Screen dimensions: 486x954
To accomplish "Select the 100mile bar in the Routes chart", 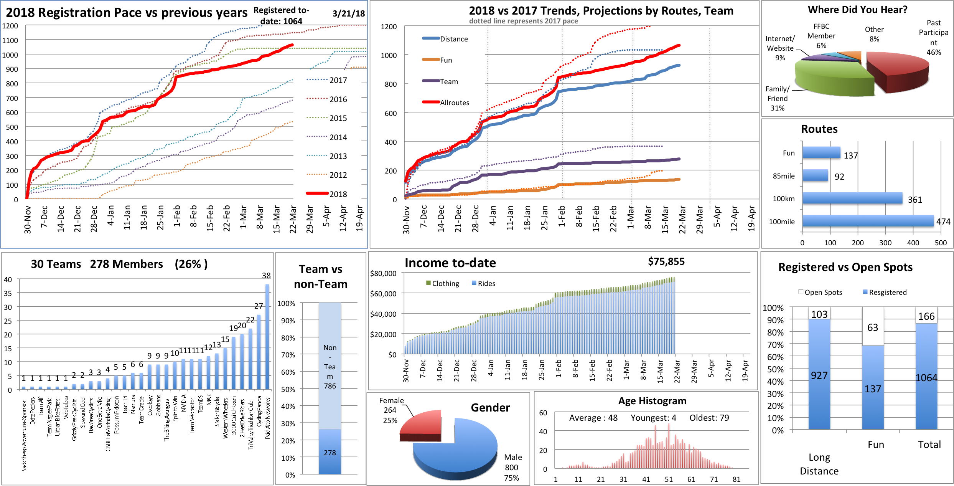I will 868,221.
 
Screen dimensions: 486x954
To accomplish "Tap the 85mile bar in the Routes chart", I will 815,175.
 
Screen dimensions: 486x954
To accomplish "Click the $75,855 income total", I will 666,262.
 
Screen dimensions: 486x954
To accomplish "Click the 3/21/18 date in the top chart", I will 348,13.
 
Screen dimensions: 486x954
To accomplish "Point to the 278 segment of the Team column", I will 330,452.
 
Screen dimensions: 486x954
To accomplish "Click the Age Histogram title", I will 652,401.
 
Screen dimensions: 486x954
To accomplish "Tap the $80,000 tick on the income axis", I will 383,273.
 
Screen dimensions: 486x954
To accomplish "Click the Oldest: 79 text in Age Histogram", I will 709,418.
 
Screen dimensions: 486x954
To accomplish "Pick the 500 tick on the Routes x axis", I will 941,243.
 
